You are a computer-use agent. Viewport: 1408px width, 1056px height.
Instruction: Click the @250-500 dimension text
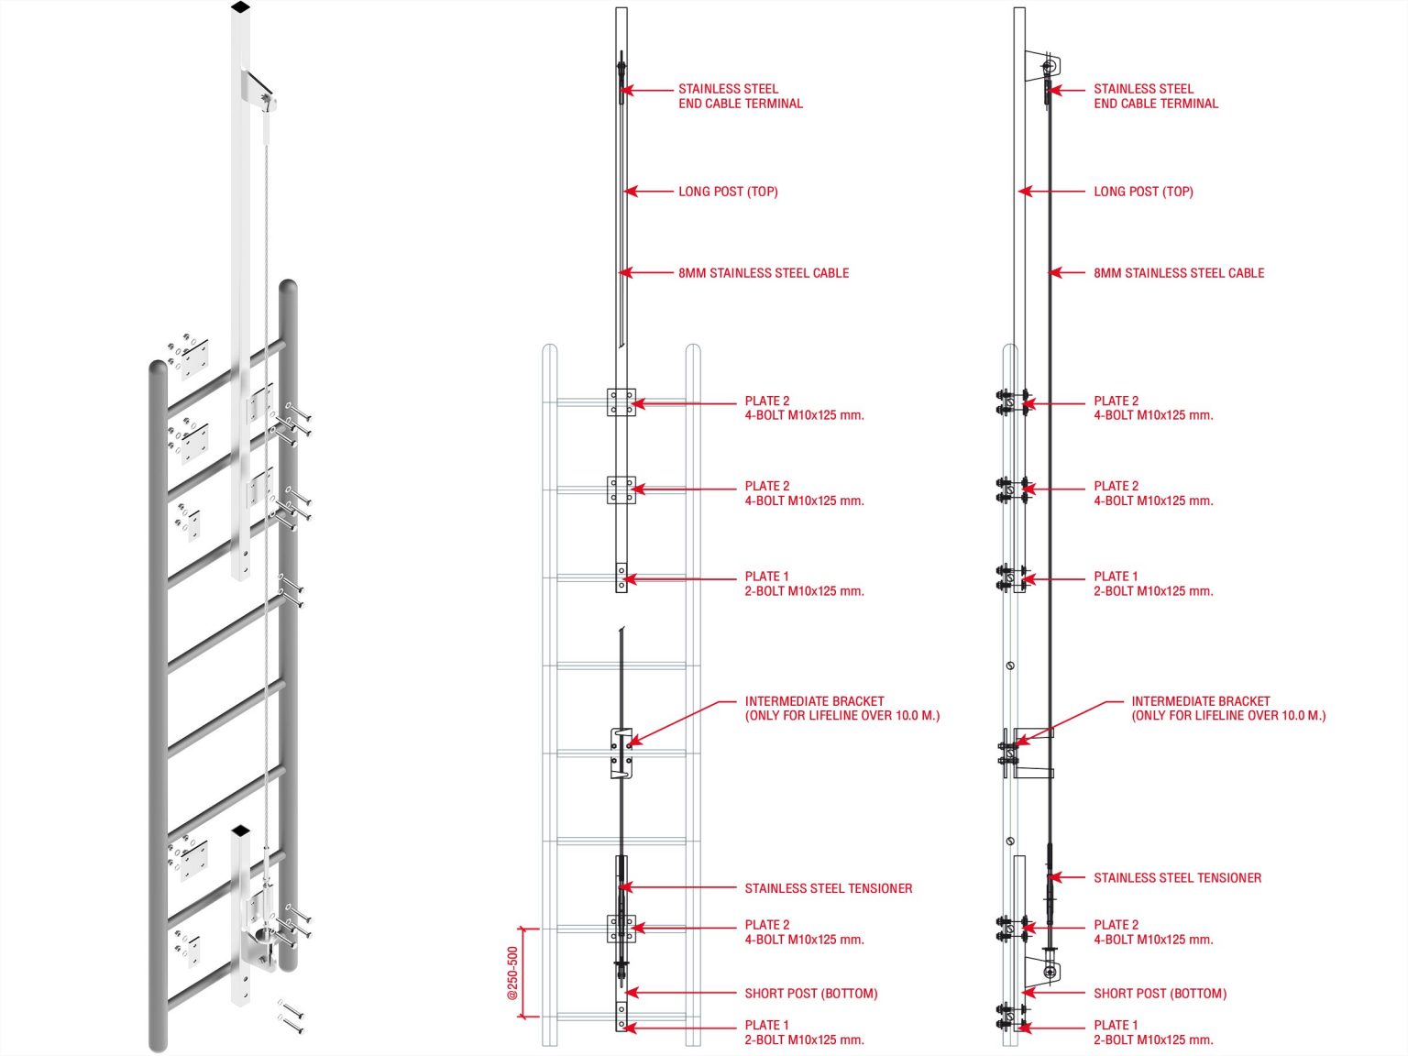pos(513,973)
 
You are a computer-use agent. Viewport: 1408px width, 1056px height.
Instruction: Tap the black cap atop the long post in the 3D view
pos(240,7)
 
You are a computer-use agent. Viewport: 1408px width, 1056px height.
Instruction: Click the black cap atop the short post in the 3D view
pos(240,830)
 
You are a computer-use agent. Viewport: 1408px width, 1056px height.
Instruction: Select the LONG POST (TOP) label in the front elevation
pos(728,192)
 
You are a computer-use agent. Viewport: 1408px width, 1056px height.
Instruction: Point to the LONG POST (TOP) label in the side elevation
pos(1143,192)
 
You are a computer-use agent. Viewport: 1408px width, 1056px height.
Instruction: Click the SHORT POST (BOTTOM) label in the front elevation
pos(810,993)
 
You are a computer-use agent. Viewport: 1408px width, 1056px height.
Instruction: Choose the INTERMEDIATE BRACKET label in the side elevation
pos(1227,708)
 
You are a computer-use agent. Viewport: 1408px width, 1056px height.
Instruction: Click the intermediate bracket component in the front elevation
pos(621,753)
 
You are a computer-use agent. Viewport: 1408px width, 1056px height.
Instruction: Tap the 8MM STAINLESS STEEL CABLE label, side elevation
pos(1178,272)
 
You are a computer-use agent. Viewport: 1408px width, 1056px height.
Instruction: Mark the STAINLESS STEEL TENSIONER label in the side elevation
pos(1177,877)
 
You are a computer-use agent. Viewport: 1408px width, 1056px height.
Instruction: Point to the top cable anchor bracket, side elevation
pos(1045,66)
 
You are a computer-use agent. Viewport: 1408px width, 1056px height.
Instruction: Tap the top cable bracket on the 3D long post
pos(258,90)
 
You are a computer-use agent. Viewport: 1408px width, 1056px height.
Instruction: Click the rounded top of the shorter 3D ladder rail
pos(159,369)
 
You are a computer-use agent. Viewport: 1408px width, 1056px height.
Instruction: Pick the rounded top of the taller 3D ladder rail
pos(288,289)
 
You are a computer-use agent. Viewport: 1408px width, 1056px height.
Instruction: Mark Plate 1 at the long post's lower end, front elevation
pos(621,577)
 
